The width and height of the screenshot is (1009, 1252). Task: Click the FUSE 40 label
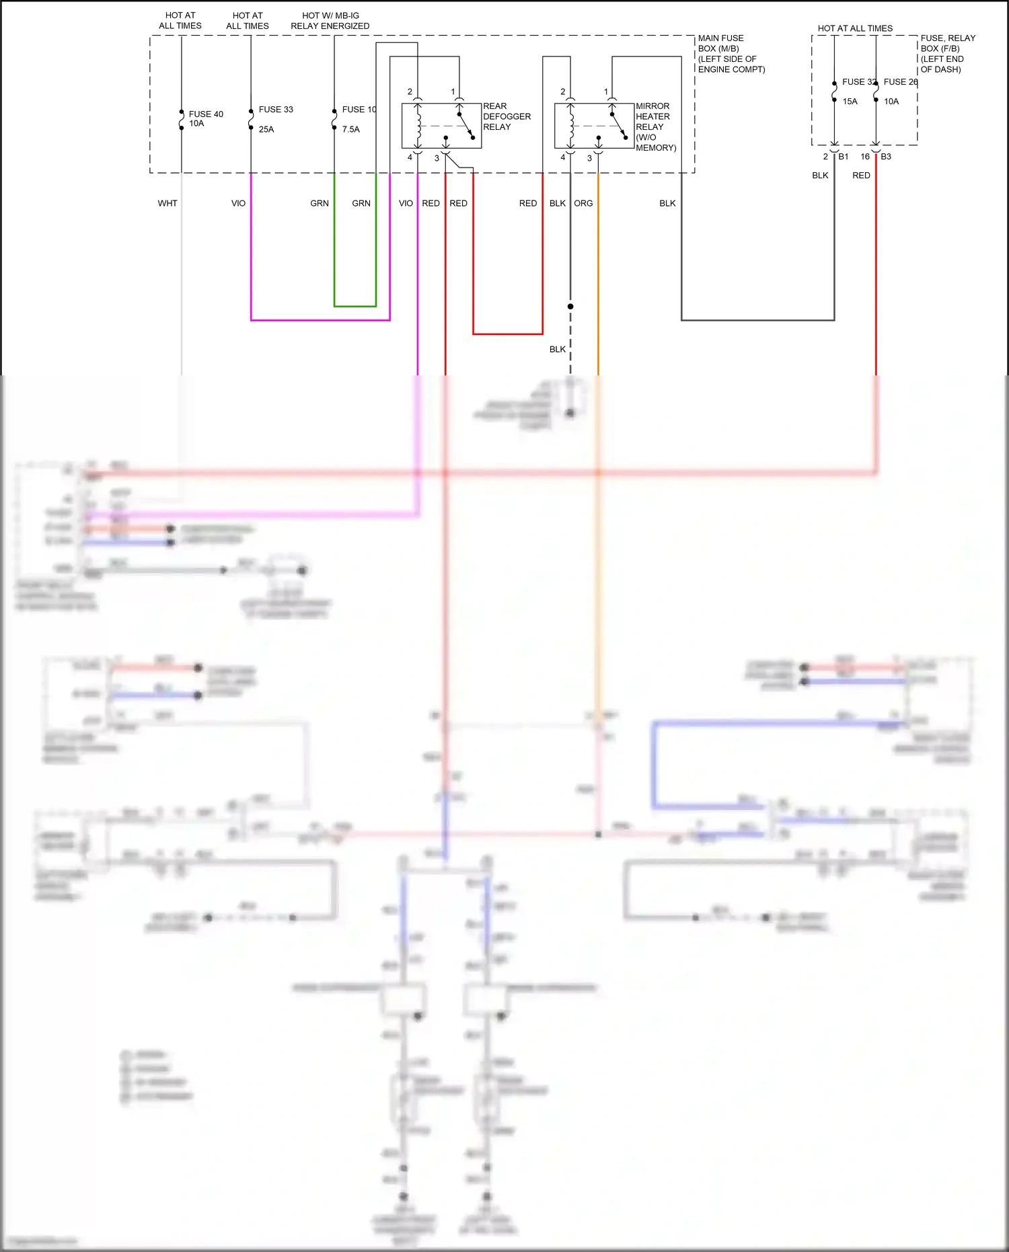[x=206, y=114]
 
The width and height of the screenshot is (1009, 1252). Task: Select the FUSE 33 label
[x=276, y=109]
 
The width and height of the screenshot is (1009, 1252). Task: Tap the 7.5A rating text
[x=350, y=129]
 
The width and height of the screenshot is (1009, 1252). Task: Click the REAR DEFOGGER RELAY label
[x=507, y=116]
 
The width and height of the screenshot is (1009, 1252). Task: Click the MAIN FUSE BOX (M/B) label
[x=731, y=53]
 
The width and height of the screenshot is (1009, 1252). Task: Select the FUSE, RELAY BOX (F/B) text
[x=947, y=53]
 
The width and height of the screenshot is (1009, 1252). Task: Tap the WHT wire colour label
[x=167, y=203]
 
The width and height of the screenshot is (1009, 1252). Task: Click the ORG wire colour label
[x=583, y=203]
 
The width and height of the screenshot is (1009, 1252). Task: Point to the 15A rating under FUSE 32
[x=850, y=102]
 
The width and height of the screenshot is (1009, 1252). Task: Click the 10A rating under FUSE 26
[x=891, y=102]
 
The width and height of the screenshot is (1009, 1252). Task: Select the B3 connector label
[x=886, y=157]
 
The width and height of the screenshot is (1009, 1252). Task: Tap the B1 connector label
[x=844, y=157]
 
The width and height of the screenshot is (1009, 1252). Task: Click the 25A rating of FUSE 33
[x=266, y=129]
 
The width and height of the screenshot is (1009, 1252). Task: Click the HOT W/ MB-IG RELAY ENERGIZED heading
[x=330, y=20]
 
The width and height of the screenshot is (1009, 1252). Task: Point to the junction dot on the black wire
[x=570, y=306]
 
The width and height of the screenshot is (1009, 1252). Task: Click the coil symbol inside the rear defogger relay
[x=418, y=124]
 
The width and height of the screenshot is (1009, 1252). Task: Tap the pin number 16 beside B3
[x=865, y=157]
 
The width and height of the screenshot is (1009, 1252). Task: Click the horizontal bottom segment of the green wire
[x=355, y=306]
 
